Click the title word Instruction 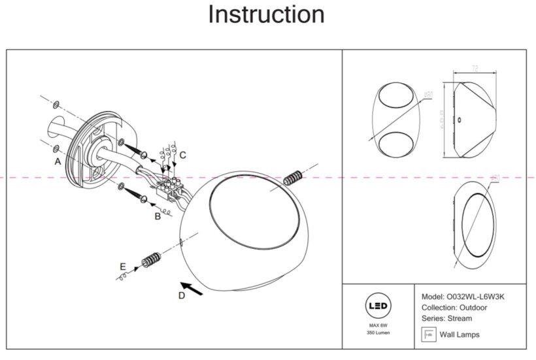pyautogui.click(x=266, y=14)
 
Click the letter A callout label pyautogui.click(x=58, y=161)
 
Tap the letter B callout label pyautogui.click(x=158, y=216)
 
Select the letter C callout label pyautogui.click(x=183, y=155)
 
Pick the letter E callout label pyautogui.click(x=122, y=267)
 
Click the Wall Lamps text pyautogui.click(x=460, y=335)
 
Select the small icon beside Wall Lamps pyautogui.click(x=429, y=335)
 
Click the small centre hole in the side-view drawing pyautogui.click(x=459, y=120)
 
